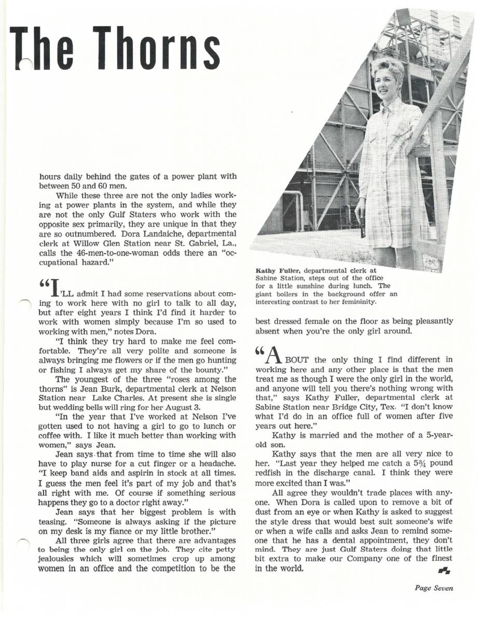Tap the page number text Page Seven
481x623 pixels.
click(434, 588)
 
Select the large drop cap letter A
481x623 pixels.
click(274, 355)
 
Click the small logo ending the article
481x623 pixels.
click(444, 571)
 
